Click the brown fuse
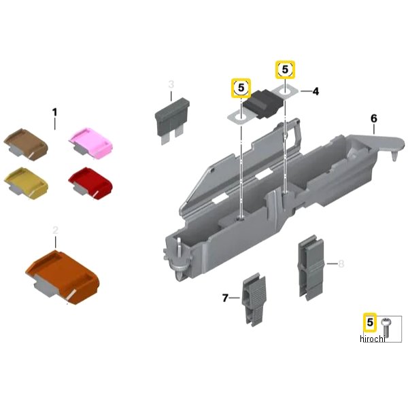click(26, 144)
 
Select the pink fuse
click(91, 143)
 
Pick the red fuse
click(90, 183)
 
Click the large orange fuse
click(63, 277)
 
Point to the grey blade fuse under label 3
click(172, 120)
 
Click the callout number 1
click(54, 112)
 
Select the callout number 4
click(316, 91)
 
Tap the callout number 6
click(373, 118)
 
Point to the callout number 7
click(225, 298)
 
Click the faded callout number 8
click(341, 264)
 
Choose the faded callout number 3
click(171, 84)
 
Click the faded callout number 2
click(56, 230)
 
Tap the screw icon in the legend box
click(386, 328)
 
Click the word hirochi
click(372, 339)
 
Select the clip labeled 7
click(254, 299)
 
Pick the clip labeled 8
click(311, 268)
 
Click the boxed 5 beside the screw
click(370, 322)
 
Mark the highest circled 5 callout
click(285, 70)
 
